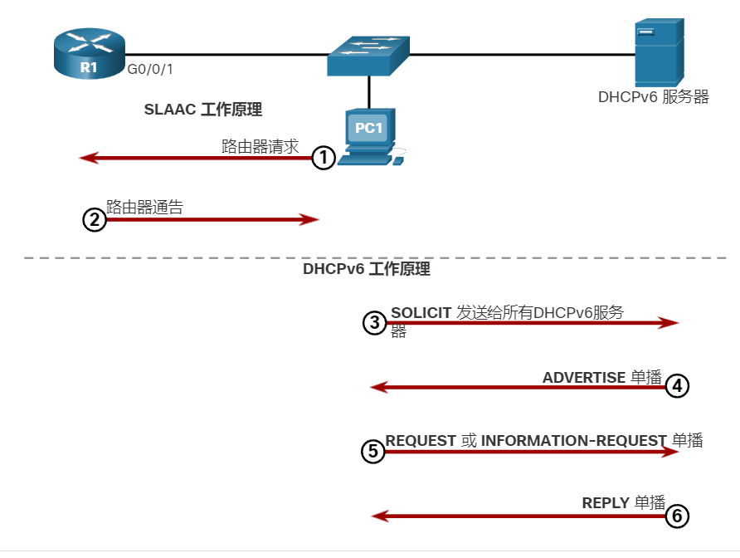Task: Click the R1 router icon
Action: tap(89, 53)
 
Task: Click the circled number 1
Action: tap(324, 158)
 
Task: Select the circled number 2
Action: tap(95, 220)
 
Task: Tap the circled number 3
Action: tap(375, 323)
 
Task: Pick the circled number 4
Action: tap(677, 386)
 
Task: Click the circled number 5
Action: tap(373, 451)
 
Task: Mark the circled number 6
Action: tap(677, 516)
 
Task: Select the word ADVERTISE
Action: tap(583, 378)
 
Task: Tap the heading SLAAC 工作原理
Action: tap(203, 109)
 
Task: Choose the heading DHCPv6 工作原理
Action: tap(367, 270)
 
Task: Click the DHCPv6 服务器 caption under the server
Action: tap(654, 97)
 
